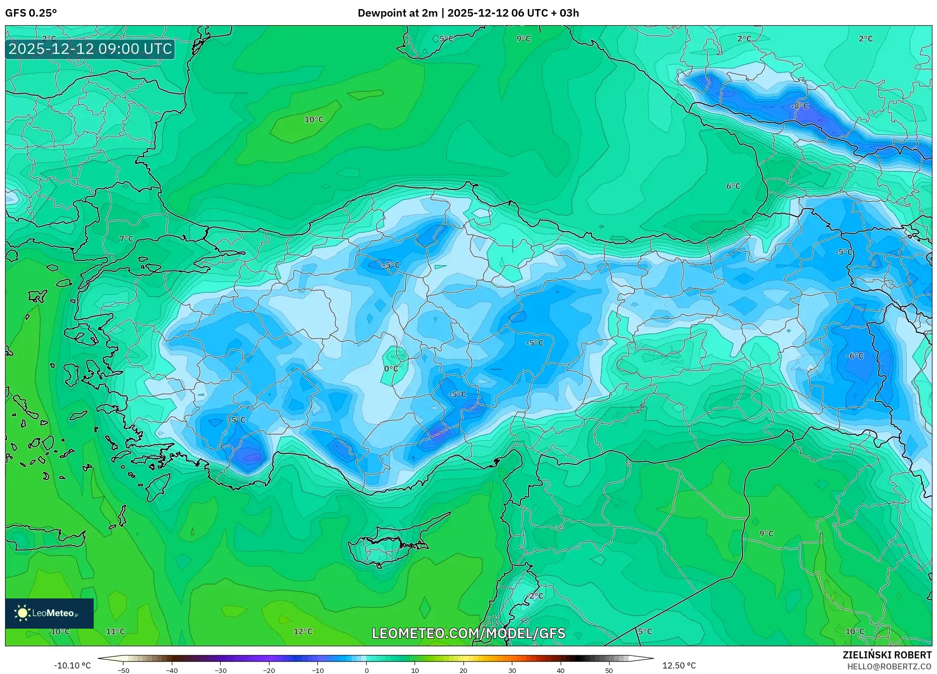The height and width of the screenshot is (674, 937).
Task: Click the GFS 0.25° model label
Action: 31,13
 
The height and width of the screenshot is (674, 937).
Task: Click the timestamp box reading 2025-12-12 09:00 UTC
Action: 90,49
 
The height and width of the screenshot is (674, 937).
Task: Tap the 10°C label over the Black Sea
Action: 314,120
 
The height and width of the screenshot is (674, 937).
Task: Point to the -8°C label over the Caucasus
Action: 799,106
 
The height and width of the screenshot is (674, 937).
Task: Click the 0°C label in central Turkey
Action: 391,369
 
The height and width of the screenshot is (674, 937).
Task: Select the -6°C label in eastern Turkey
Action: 854,356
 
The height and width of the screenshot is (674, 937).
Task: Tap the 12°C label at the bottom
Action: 303,632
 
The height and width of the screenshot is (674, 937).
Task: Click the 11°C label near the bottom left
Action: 115,632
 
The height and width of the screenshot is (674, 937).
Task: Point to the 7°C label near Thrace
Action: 126,239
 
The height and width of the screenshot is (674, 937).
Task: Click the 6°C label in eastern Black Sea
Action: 733,186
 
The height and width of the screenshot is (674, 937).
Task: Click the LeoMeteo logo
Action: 49,613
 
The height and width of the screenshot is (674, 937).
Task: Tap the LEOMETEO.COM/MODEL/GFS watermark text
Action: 468,633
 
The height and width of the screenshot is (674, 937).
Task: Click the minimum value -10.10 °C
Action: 73,665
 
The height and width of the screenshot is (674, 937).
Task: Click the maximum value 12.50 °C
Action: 679,665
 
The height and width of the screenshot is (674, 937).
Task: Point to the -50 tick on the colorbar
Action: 123,670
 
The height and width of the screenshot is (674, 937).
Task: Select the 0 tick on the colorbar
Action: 367,670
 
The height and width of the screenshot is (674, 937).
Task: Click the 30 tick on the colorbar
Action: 512,670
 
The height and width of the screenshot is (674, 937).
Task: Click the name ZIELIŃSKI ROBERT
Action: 887,655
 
